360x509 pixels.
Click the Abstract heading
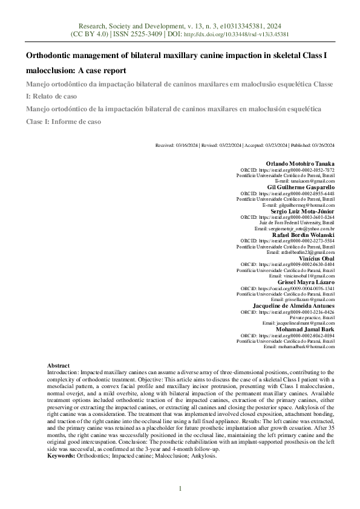(59, 366)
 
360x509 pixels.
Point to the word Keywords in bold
(61, 456)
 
